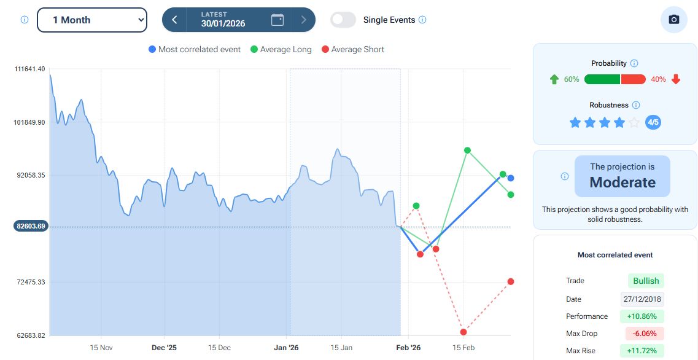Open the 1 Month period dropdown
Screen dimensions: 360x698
tap(92, 20)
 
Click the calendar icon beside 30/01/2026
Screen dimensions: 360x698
tap(277, 20)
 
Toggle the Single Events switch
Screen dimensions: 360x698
tap(343, 20)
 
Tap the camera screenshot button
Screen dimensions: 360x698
tap(673, 20)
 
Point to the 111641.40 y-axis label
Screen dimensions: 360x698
tap(29, 69)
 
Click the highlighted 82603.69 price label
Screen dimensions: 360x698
tap(31, 226)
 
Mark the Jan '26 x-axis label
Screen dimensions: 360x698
tap(286, 348)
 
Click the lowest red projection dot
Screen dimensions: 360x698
tap(463, 332)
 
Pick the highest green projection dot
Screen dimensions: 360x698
tap(467, 150)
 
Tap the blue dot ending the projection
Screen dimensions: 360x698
tap(511, 178)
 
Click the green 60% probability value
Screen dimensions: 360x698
tap(572, 79)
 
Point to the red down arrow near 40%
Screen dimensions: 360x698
tap(676, 79)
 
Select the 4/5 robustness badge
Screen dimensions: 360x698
tap(653, 123)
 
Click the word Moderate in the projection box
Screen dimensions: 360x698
tap(622, 182)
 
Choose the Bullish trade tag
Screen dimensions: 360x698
tap(646, 281)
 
